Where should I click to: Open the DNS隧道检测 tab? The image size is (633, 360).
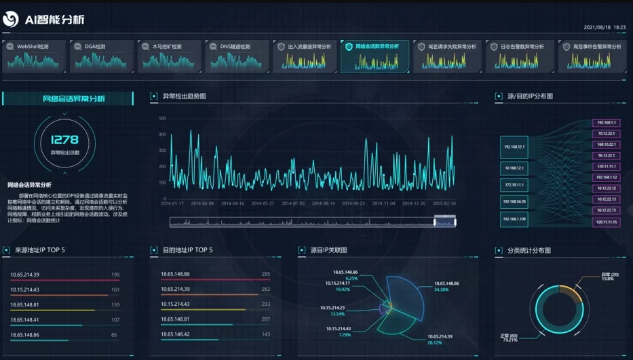[x=237, y=47]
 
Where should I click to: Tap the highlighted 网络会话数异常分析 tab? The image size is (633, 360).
[x=375, y=47]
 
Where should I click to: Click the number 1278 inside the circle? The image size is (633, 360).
[x=65, y=140]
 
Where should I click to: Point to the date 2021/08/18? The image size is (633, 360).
[x=597, y=27]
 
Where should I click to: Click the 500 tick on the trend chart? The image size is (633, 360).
[x=162, y=118]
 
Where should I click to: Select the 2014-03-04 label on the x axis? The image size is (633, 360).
[x=202, y=203]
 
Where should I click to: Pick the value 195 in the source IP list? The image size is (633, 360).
[x=115, y=275]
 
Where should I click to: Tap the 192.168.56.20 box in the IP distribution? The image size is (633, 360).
[x=514, y=201]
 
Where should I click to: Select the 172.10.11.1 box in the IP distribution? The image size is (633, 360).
[x=514, y=184]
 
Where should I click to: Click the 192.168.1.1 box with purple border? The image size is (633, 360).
[x=605, y=123]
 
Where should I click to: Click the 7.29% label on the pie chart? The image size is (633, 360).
[x=344, y=334]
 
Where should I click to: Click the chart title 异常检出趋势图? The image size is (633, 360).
[x=184, y=96]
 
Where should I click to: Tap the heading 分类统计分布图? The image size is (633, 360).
[x=529, y=250]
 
